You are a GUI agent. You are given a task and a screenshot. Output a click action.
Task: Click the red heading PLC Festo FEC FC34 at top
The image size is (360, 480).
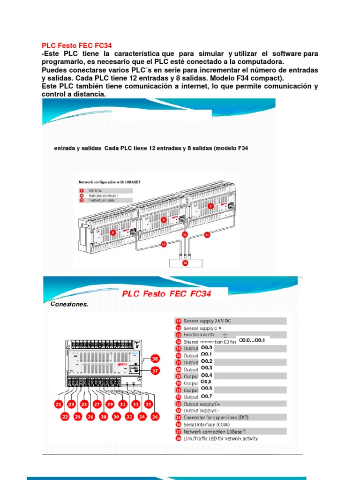[x=77, y=46]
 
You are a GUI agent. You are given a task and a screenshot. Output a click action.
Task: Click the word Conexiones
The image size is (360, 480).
[x=69, y=304]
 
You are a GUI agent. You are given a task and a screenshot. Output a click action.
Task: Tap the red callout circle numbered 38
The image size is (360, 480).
[x=155, y=359]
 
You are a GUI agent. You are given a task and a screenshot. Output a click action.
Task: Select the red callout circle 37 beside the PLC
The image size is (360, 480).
[x=155, y=370]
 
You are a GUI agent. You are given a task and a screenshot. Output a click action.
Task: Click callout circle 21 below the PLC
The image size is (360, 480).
[x=59, y=404]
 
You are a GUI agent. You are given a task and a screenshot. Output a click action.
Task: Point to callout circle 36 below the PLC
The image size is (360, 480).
[x=155, y=416]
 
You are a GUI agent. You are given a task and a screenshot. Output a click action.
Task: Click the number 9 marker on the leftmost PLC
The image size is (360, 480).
[x=113, y=232]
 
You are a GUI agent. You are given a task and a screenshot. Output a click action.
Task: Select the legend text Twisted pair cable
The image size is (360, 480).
[x=103, y=200]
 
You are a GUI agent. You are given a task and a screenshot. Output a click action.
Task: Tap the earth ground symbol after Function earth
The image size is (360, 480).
[x=225, y=335]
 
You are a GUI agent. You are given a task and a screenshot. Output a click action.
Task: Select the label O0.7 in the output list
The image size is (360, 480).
[x=207, y=397]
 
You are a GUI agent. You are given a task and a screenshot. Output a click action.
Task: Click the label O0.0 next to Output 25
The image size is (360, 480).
[x=207, y=348]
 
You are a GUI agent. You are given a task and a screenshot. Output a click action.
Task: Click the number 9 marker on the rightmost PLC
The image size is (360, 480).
[x=211, y=205]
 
